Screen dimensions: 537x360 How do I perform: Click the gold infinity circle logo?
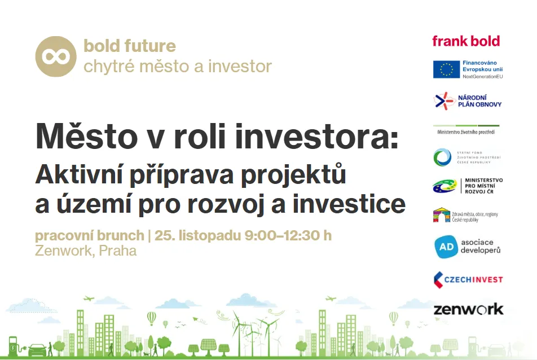coord(56,56)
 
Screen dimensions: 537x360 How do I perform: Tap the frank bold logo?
coord(466,41)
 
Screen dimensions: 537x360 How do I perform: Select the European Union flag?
coord(446,69)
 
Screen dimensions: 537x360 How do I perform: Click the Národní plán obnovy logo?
coord(468,101)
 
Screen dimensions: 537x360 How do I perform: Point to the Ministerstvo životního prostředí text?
coord(466,132)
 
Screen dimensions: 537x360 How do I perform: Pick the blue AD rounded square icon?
coord(446,247)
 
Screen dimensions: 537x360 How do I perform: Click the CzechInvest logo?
coord(468,280)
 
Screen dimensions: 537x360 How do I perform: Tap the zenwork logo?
coord(469,309)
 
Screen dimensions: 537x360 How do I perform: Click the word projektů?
coord(293,175)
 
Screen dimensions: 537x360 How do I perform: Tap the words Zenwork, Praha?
coord(86,251)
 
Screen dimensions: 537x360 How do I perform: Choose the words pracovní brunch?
coord(90,236)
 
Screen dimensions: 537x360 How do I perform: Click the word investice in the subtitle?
coord(349,204)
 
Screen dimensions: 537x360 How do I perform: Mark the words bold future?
coord(130,46)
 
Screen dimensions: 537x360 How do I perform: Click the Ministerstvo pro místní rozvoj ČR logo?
coord(468,186)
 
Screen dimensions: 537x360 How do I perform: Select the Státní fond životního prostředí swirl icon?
coord(442,157)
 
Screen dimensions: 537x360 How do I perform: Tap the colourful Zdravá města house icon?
coord(442,216)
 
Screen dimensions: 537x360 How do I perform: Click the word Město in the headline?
coord(86,137)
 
